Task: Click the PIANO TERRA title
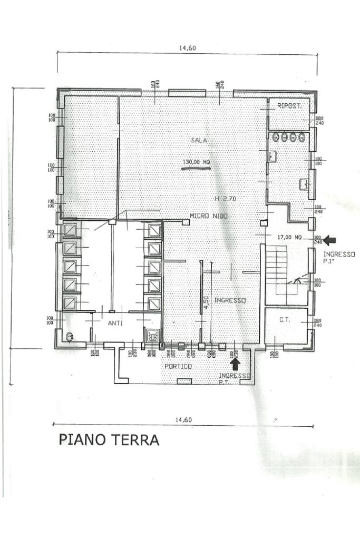[x=109, y=440]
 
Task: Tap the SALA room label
[x=199, y=140]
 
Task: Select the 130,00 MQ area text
[x=196, y=162]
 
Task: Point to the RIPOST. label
[x=289, y=106]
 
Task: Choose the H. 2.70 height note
[x=225, y=199]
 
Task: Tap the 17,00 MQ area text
[x=289, y=238]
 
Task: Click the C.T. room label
[x=285, y=320]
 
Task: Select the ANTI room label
[x=115, y=324]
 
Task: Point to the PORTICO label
[x=178, y=366]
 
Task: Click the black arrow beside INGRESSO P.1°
[x=330, y=240]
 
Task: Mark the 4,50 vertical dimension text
[x=207, y=301]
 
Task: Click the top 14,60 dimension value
[x=187, y=48]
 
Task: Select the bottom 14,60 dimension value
[x=182, y=420]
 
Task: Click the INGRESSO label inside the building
[x=230, y=300]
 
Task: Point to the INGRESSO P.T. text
[x=234, y=378]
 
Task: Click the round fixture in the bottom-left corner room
[x=70, y=336]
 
